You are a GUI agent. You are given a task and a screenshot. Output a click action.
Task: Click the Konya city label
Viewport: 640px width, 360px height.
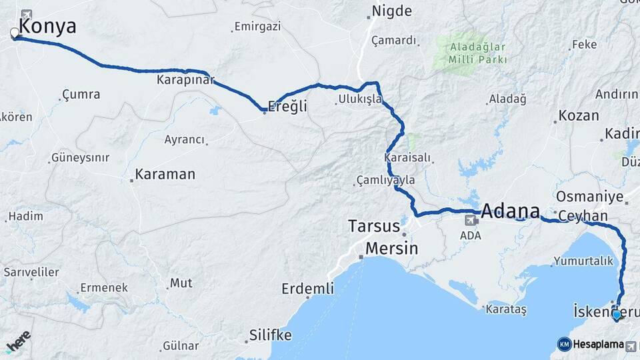click(48, 27)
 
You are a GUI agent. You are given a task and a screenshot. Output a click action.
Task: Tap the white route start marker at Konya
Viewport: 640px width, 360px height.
click(15, 33)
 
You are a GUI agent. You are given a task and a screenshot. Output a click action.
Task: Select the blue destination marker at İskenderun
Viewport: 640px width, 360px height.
click(617, 315)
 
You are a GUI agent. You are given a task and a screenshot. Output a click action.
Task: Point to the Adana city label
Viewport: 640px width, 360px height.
click(510, 211)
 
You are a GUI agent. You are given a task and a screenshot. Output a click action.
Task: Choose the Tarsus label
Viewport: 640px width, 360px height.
click(374, 227)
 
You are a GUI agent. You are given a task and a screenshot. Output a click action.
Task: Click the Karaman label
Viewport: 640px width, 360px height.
click(165, 175)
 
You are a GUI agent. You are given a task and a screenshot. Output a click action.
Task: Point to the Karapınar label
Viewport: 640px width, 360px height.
click(186, 80)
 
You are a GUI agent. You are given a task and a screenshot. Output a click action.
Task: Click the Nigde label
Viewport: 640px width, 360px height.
click(392, 11)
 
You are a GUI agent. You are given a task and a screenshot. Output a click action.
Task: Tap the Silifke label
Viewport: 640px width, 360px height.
click(271, 335)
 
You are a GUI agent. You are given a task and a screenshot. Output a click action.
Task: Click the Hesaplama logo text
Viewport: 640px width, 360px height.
click(597, 345)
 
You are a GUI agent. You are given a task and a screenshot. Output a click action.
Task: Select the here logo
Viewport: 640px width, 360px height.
click(18, 341)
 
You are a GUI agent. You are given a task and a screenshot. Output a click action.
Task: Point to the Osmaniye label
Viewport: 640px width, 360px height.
click(589, 197)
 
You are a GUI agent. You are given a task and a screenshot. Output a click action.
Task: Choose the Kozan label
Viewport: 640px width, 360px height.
click(579, 115)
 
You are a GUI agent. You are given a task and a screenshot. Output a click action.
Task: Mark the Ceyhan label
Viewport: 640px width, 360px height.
click(583, 216)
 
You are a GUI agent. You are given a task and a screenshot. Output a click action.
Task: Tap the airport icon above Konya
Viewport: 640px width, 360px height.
click(27, 14)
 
